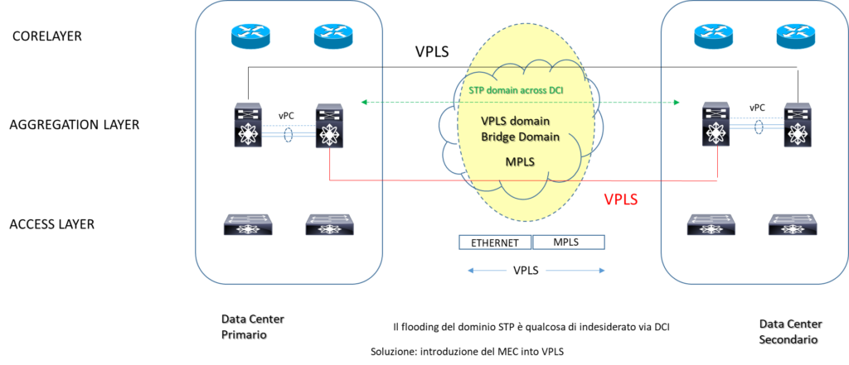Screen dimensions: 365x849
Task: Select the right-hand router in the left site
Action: [x=332, y=36]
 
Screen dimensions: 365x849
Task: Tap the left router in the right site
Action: [x=713, y=35]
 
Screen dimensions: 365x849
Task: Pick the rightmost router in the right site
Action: [x=796, y=35]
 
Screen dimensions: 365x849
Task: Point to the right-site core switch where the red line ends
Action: [x=716, y=125]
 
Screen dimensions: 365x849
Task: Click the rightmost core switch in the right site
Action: [x=796, y=125]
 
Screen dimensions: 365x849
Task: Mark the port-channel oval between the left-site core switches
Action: [x=289, y=134]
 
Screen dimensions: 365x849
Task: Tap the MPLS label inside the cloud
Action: [x=522, y=161]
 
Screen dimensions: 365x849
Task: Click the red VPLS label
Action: [x=620, y=199]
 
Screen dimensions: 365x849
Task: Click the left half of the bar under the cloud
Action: [x=495, y=242]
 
